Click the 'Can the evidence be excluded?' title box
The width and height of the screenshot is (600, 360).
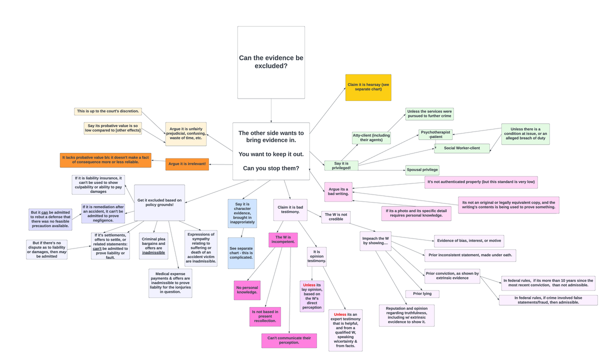point(271,62)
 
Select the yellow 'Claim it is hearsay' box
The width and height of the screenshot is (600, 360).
point(368,87)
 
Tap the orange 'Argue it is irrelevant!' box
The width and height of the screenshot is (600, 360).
point(187,164)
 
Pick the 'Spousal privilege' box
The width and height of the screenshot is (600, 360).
point(422,170)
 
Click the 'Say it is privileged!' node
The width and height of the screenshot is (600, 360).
point(341,165)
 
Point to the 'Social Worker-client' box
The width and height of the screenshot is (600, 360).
point(461,148)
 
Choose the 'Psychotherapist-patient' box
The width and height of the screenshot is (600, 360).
point(435,134)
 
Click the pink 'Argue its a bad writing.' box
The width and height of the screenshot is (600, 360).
point(338,191)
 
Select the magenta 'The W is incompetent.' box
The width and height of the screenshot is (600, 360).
point(283,239)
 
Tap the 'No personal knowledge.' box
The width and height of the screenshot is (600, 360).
point(247,290)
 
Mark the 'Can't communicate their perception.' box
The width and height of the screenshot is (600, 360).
point(289,340)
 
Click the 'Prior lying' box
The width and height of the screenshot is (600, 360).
point(422,294)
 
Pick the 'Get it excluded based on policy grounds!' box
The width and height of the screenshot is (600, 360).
point(159,202)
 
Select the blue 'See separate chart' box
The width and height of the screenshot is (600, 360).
point(241,253)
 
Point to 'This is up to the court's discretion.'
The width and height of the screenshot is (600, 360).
point(108,111)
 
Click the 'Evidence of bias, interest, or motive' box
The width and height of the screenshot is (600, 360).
point(468,241)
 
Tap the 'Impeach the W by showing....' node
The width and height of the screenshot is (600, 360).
point(375,241)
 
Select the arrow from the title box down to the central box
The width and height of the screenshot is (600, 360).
point(271,110)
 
